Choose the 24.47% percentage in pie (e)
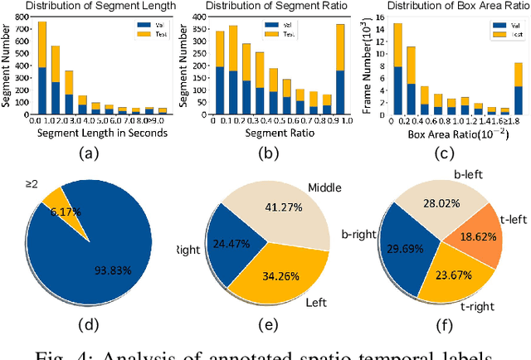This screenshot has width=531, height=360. pyautogui.click(x=228, y=245)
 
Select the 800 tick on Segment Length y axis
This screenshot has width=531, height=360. pyautogui.click(x=19, y=19)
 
